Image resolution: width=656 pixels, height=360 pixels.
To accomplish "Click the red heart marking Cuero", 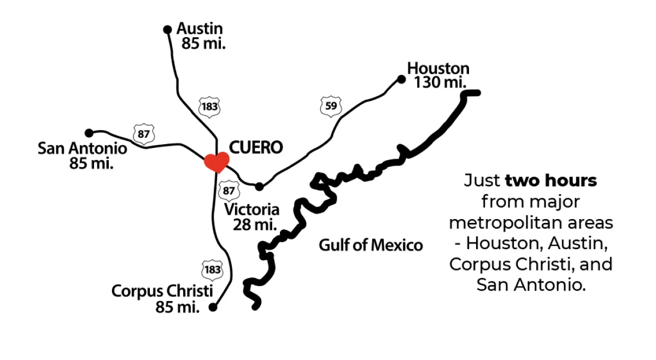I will tap(216, 162).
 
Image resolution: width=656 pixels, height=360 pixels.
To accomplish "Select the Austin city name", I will tap(200, 29).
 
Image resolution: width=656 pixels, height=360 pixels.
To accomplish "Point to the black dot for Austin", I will tap(168, 29).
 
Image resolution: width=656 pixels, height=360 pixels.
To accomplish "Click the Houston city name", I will tap(438, 69).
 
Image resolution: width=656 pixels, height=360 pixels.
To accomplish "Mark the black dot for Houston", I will tap(401, 79).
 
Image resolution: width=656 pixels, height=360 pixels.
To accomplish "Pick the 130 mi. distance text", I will tap(440, 82).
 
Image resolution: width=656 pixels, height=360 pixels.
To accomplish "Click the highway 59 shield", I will tap(331, 106).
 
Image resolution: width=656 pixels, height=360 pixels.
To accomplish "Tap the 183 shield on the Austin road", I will tap(209, 106).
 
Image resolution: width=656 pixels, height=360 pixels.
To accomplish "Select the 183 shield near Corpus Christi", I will tap(212, 269).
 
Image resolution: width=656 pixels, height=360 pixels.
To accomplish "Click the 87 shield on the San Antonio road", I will tap(144, 134).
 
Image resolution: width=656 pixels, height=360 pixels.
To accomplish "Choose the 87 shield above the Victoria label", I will tap(229, 191).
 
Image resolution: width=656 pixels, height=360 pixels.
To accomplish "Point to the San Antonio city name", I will tap(83, 149).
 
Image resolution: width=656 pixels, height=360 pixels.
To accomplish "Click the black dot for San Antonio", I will tap(89, 133).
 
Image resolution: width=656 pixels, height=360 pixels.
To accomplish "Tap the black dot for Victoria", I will tap(259, 186).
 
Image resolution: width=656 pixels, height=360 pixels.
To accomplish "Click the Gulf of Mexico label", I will tap(371, 245).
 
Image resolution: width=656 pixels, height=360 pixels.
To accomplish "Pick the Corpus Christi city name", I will tap(162, 291).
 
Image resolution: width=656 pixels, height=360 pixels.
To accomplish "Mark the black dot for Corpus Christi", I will tap(213, 308).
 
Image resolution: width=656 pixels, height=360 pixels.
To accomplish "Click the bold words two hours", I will tap(551, 180).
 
